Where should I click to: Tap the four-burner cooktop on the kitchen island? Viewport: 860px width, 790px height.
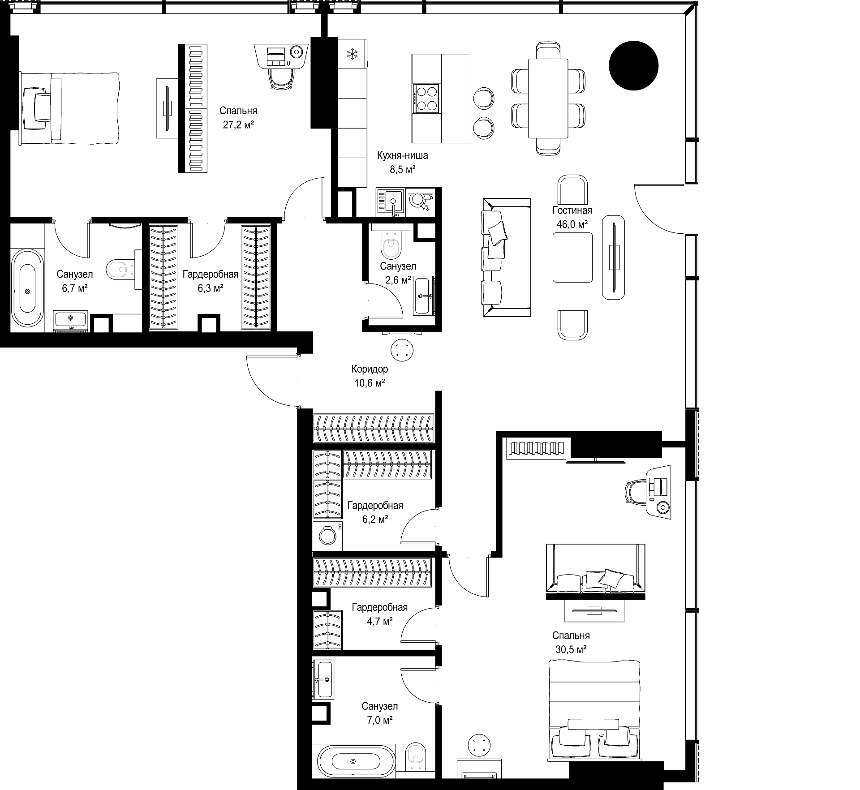pyautogui.click(x=427, y=98)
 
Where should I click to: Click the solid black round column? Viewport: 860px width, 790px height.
pyautogui.click(x=633, y=65)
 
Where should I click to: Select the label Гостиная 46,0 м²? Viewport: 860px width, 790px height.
pyautogui.click(x=572, y=217)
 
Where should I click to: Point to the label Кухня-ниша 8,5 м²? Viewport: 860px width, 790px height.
pyautogui.click(x=402, y=162)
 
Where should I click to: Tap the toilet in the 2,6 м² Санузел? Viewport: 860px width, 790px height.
pyautogui.click(x=391, y=245)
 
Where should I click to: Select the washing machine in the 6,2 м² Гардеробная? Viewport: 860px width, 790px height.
pyautogui.click(x=327, y=536)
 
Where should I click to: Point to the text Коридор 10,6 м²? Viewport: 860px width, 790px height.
pyautogui.click(x=370, y=376)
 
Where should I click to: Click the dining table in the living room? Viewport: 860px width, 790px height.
pyautogui.click(x=548, y=99)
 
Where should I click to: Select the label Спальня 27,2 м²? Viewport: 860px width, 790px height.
pyautogui.click(x=238, y=118)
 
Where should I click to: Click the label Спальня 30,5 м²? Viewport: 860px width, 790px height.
pyautogui.click(x=571, y=642)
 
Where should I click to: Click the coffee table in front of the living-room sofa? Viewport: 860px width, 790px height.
pyautogui.click(x=572, y=258)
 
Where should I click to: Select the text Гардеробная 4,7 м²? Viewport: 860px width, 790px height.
pyautogui.click(x=380, y=614)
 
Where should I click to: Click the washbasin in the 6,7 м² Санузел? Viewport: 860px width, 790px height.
pyautogui.click(x=70, y=320)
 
